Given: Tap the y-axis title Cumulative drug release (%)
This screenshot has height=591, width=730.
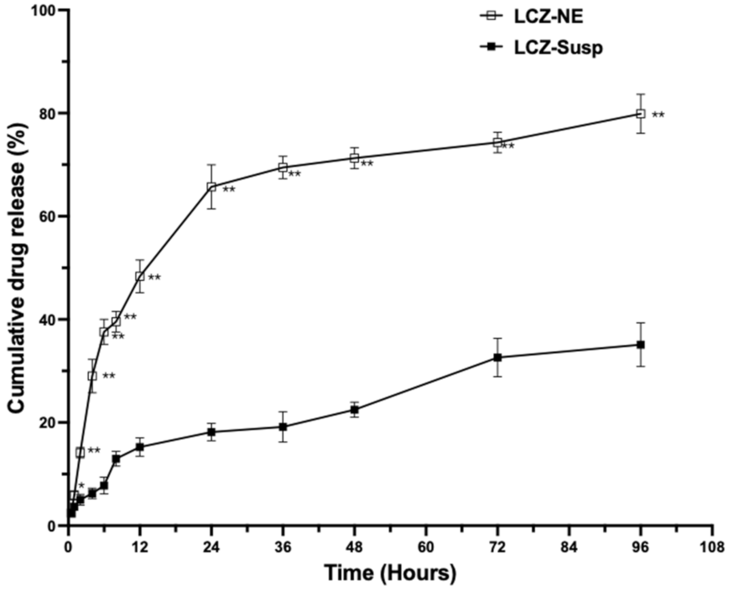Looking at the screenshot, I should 17,268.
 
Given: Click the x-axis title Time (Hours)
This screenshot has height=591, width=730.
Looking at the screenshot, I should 390,572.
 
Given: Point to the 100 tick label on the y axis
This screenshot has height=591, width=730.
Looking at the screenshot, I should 45,10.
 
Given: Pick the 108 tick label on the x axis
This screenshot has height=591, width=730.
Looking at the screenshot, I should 712,547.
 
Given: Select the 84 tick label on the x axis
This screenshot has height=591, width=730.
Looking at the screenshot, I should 569,547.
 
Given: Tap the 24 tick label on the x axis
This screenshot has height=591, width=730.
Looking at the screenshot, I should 211,547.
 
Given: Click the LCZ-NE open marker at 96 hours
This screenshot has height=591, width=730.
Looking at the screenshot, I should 641,114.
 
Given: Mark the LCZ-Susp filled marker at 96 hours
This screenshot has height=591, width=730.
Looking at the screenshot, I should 641,344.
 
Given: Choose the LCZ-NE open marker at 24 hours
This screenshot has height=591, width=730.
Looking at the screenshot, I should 211,187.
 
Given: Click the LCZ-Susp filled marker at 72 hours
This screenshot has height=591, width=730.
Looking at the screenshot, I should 497,357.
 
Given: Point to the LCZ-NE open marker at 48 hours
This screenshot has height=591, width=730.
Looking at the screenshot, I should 354,158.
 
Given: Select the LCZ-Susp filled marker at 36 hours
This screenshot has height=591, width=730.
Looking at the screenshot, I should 283,426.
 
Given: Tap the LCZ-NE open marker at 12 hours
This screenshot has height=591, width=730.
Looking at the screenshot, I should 140,276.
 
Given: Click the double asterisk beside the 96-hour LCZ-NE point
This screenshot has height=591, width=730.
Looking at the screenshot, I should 658,115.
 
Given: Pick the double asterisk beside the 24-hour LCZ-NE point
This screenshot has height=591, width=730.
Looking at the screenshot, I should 229,190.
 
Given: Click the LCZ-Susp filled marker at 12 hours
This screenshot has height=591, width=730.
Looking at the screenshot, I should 140,447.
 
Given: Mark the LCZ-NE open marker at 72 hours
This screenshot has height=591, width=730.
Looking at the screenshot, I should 497,142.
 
